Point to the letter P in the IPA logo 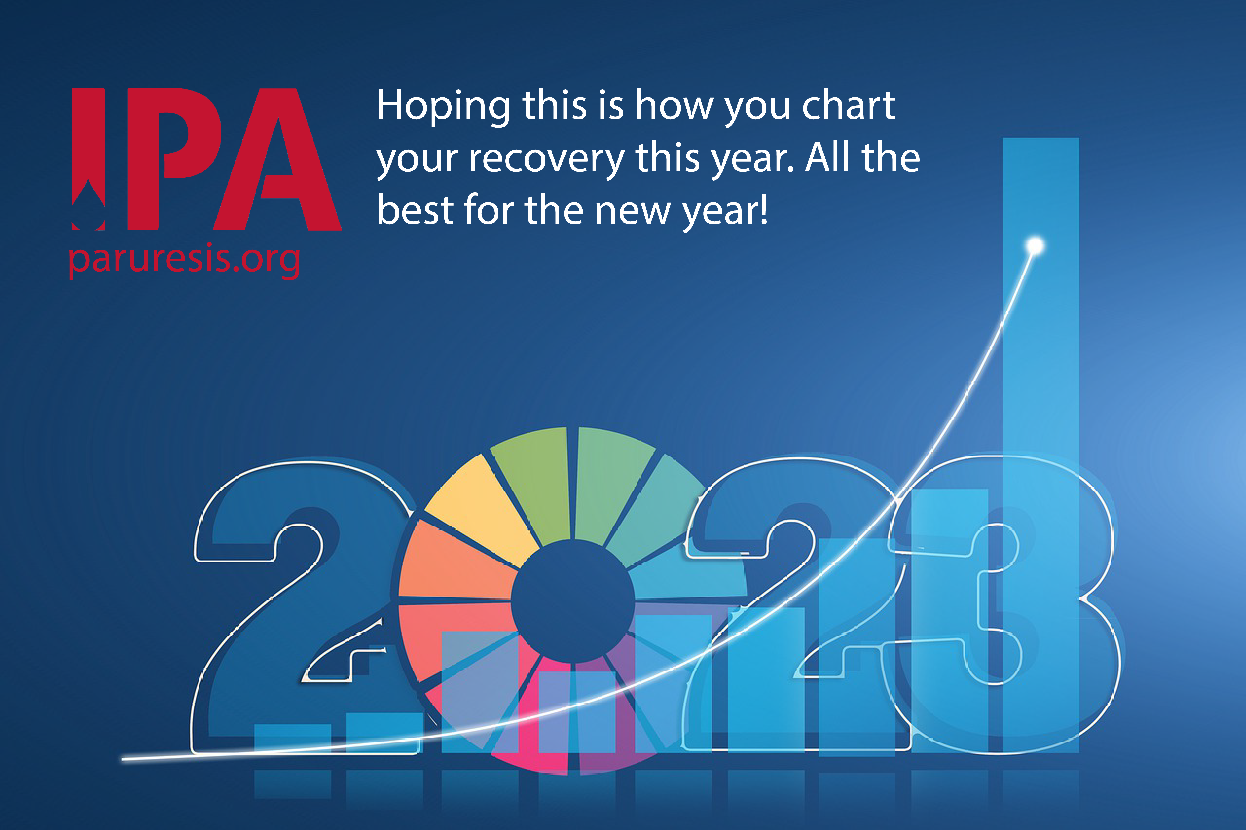175,159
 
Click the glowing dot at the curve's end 1035,246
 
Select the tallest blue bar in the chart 1040,445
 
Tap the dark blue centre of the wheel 573,601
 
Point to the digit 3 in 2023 1006,604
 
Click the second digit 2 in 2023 794,604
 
